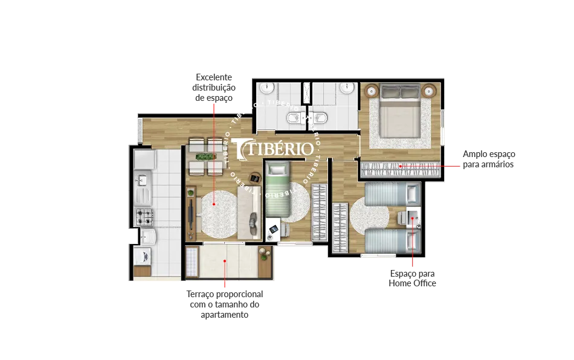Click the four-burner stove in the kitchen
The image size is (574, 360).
(x=144, y=217)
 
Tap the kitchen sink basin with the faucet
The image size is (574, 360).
(x=143, y=181)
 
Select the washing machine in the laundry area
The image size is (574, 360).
(x=143, y=256)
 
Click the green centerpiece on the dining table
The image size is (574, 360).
(x=205, y=157)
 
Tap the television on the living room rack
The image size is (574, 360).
(x=190, y=214)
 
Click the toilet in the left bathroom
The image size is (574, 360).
(x=294, y=118)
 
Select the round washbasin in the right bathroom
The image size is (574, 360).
(x=346, y=88)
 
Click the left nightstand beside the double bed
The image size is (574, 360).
(x=372, y=91)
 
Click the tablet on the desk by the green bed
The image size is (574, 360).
(x=274, y=230)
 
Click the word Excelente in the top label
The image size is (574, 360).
(x=214, y=77)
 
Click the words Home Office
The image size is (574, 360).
(x=412, y=283)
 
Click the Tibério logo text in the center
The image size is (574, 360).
(x=272, y=149)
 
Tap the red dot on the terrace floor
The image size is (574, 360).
(x=225, y=261)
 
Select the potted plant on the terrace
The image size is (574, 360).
(x=263, y=254)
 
